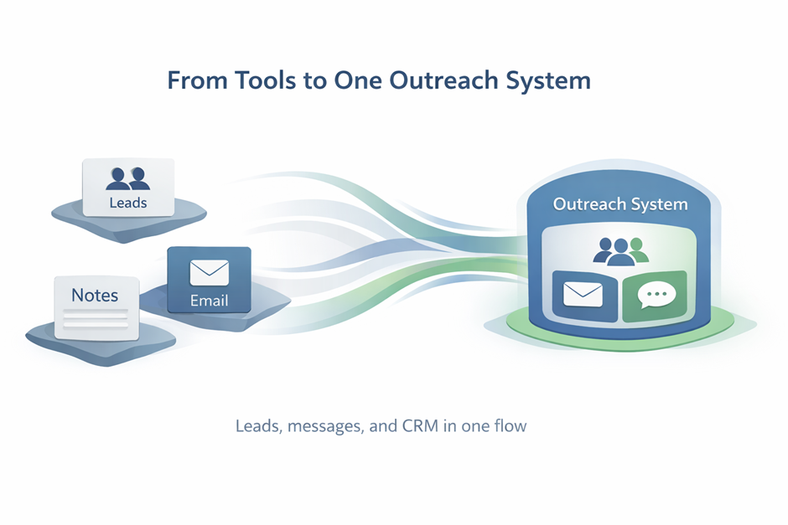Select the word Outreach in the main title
click(x=426, y=80)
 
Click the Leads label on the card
click(x=127, y=203)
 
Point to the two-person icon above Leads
click(x=128, y=178)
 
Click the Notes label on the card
click(x=95, y=295)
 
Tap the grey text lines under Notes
click(x=96, y=319)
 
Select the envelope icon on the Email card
click(x=209, y=273)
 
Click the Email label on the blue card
click(x=209, y=301)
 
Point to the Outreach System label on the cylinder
click(x=620, y=204)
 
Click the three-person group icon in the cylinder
click(x=621, y=250)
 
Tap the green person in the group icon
click(x=639, y=249)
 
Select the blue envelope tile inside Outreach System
click(x=583, y=295)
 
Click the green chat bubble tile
click(x=655, y=295)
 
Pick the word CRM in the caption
click(x=437, y=426)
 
